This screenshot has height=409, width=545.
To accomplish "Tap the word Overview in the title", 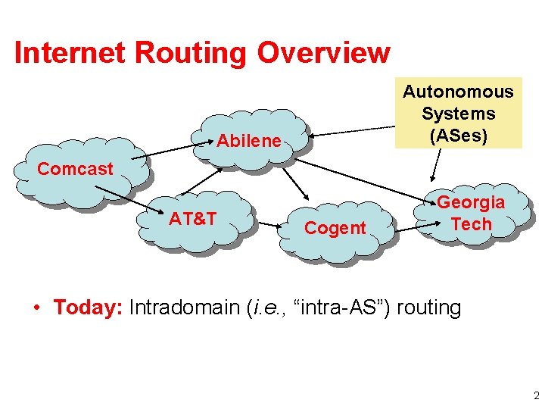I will (x=323, y=53).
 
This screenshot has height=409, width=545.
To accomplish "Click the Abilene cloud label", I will (x=249, y=141).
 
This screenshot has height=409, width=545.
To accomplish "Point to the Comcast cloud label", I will (x=75, y=169).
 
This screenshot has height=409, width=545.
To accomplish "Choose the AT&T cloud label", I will (x=192, y=219).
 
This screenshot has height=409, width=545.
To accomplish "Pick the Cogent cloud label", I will (x=335, y=228).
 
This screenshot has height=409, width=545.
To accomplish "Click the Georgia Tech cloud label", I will (x=471, y=214).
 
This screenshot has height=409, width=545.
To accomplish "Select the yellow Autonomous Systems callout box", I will (x=457, y=113).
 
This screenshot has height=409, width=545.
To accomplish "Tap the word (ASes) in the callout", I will (x=457, y=136).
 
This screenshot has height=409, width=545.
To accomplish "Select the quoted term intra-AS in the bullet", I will (x=341, y=308).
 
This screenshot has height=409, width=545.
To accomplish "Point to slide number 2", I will (x=536, y=395).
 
